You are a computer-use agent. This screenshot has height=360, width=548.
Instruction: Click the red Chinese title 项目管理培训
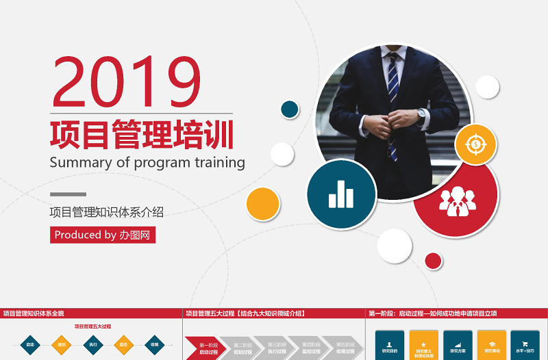[142, 134]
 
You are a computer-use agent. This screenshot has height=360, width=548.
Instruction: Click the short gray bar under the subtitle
[68, 194]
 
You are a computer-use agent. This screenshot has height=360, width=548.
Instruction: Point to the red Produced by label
[103, 235]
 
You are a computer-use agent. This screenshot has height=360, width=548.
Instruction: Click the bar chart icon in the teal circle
[341, 194]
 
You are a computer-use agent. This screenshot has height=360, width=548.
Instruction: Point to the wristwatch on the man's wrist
[421, 114]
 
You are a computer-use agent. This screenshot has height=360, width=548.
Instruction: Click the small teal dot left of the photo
[290, 109]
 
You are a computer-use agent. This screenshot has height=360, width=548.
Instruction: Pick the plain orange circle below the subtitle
[263, 204]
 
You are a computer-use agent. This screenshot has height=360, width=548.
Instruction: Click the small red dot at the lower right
[433, 261]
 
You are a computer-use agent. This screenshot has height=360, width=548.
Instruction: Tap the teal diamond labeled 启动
[30, 345]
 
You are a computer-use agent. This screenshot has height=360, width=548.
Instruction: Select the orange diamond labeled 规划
[62, 345]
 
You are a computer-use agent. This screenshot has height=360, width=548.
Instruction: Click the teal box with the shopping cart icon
[525, 346]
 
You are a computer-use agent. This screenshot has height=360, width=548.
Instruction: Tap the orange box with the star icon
[423, 346]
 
